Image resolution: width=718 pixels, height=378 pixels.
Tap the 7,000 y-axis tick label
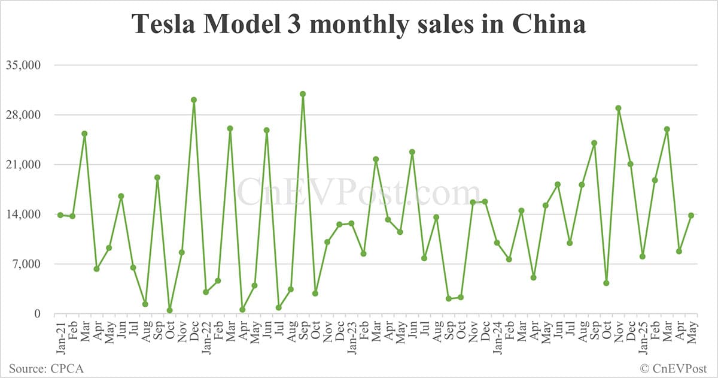(x=25, y=264)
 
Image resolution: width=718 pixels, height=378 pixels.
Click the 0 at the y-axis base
(x=36, y=314)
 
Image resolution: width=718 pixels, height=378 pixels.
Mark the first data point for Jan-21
(x=60, y=215)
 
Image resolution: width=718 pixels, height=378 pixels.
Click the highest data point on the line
(x=303, y=94)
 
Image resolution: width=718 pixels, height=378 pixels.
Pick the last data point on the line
(x=691, y=215)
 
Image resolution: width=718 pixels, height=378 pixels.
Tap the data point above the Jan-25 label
(x=643, y=256)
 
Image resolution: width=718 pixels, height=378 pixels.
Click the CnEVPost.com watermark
(x=359, y=193)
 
